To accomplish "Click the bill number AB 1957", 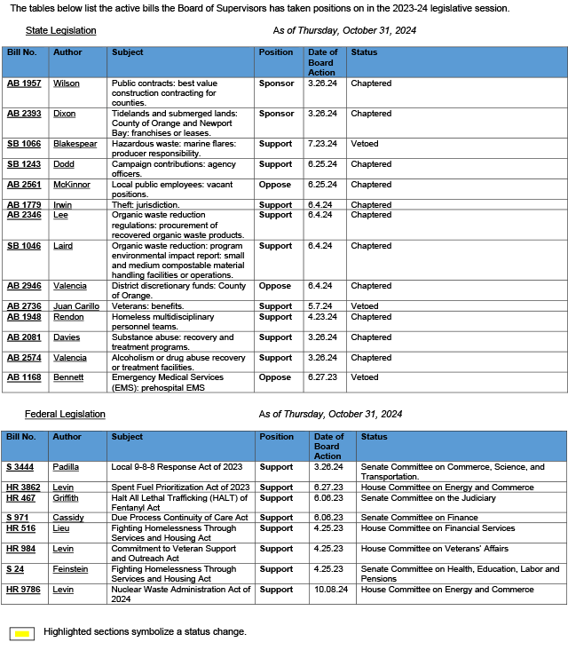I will [x=24, y=83].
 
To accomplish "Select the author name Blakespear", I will [x=75, y=144].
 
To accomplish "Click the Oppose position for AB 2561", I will [x=274, y=185].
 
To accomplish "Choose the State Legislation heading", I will [x=60, y=30].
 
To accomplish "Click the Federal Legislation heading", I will [x=65, y=414].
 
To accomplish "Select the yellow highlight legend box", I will [x=22, y=633].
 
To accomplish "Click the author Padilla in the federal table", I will [x=67, y=467].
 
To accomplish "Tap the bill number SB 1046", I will [x=24, y=246].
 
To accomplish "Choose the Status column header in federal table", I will [x=375, y=437].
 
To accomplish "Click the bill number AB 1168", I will [x=24, y=377].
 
